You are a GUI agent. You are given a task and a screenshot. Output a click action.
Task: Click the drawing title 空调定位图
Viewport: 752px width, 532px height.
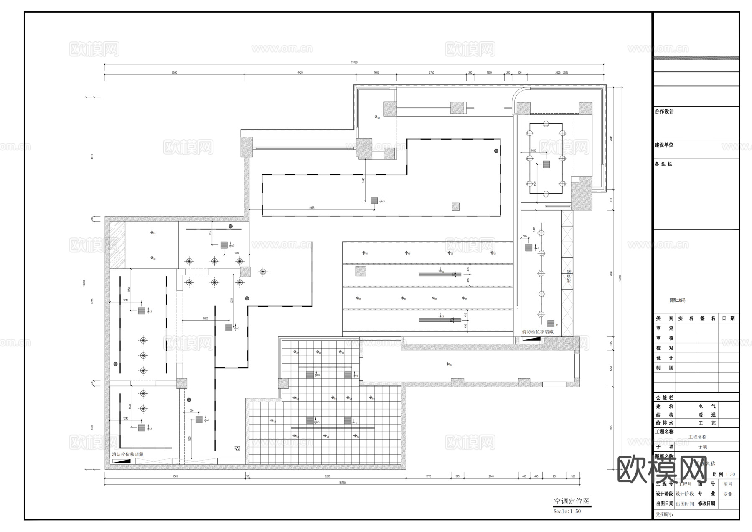572,501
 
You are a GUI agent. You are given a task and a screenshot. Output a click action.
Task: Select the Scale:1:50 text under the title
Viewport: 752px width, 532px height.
567,511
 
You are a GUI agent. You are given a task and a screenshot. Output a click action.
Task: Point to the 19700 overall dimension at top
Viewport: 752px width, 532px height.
354,62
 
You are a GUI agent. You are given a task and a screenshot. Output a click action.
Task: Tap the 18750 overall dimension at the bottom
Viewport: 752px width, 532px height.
342,483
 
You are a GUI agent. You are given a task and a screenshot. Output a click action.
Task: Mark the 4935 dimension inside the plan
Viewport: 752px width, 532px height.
312,207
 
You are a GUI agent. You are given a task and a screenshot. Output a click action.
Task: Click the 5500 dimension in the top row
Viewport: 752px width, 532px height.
174,73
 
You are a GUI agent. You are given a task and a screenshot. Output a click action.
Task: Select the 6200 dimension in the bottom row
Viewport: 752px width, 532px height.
328,476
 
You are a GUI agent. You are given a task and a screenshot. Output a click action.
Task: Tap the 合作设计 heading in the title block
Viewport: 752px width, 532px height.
664,112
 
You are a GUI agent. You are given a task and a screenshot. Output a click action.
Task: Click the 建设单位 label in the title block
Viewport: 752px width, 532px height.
664,145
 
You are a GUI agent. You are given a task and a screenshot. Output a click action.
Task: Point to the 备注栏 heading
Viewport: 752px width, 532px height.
663,164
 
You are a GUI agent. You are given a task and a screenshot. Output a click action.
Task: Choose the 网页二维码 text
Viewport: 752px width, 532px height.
677,300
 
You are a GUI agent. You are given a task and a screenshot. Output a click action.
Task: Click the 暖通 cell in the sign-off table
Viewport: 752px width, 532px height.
707,415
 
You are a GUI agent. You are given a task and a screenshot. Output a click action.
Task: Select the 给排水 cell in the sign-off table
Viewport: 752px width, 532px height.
664,423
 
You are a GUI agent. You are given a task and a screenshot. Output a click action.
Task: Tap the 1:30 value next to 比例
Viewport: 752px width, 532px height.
730,474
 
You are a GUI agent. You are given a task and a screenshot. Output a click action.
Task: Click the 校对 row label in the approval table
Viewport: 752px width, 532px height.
664,348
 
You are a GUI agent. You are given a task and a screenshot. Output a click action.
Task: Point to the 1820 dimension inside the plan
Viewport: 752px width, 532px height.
206,318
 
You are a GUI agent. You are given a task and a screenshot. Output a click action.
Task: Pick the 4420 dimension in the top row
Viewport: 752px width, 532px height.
300,73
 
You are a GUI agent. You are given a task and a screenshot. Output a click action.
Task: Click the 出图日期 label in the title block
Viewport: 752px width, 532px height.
664,504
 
